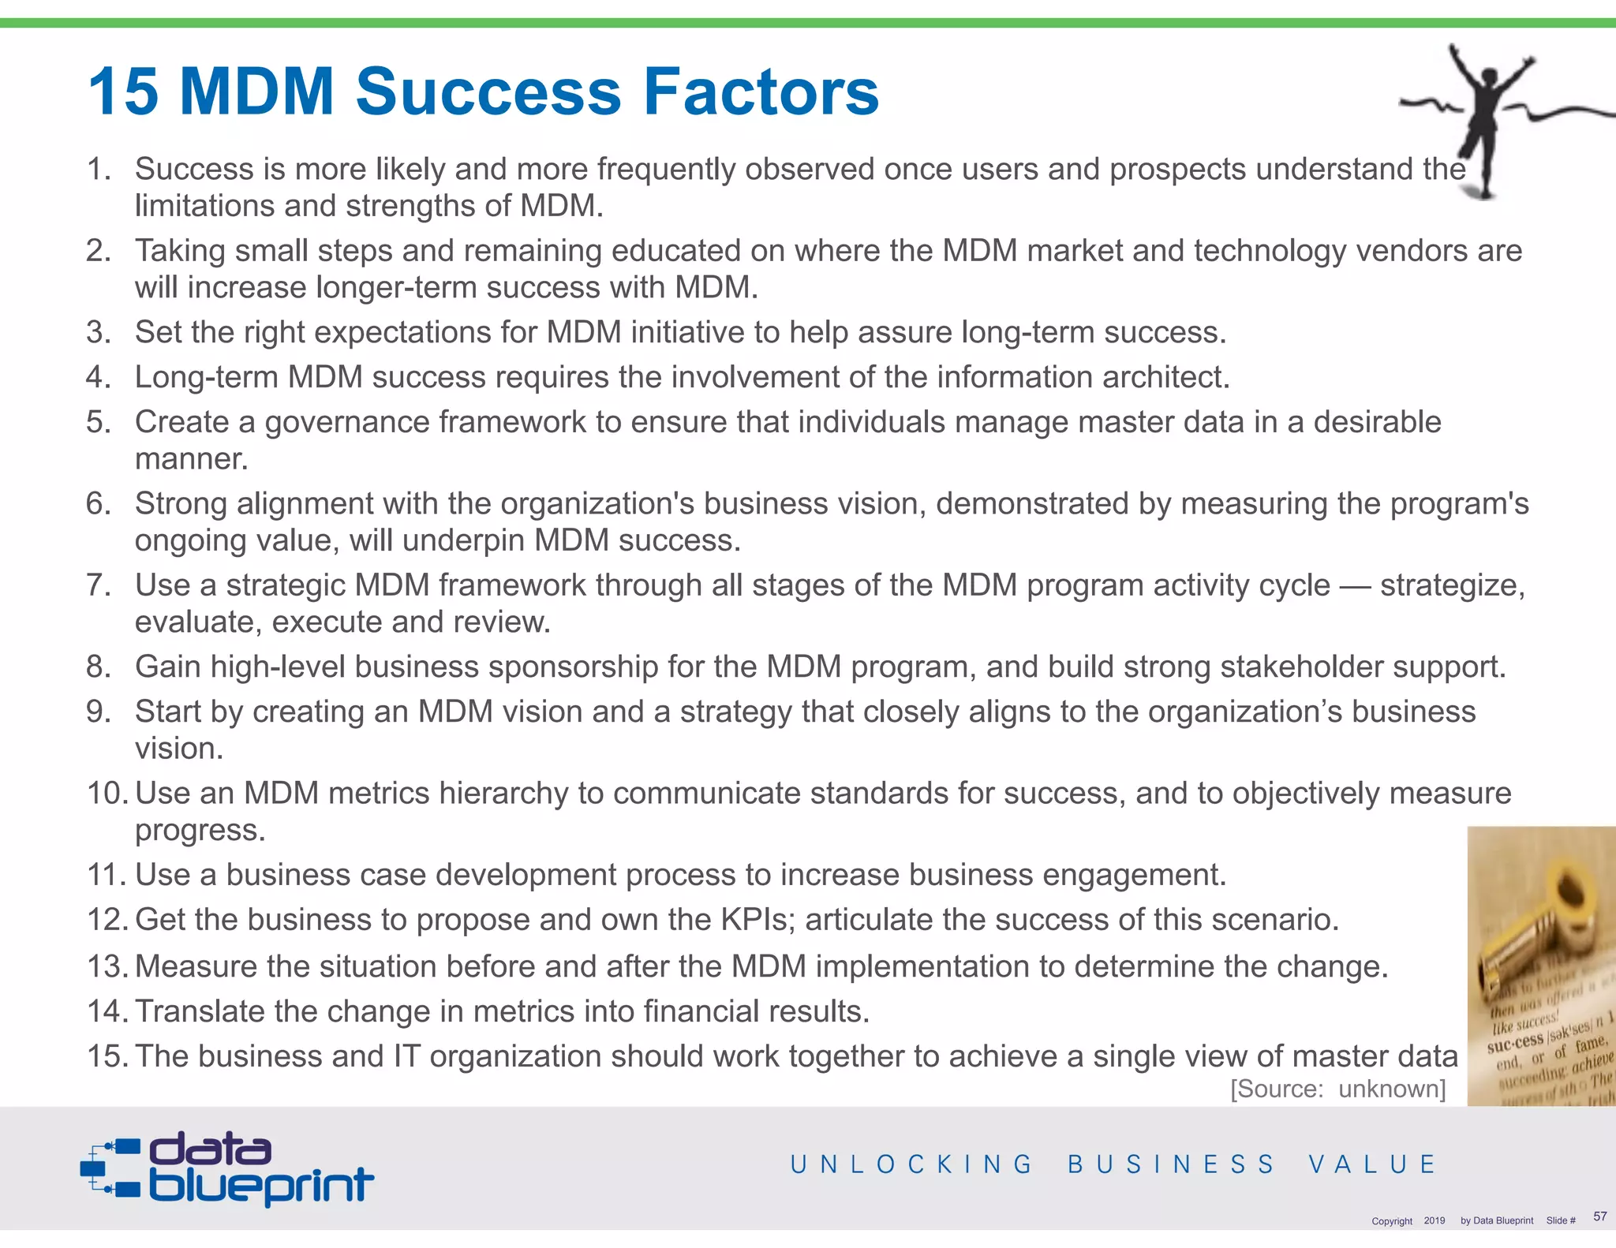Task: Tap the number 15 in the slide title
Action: coord(123,92)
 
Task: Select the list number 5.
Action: coord(99,422)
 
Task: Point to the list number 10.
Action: coord(107,793)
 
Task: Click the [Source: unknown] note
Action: coord(1337,1089)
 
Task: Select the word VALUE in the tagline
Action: coord(1372,1164)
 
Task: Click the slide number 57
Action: coord(1599,1216)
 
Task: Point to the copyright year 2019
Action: coord(1435,1220)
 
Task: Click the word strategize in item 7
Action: coord(1452,585)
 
